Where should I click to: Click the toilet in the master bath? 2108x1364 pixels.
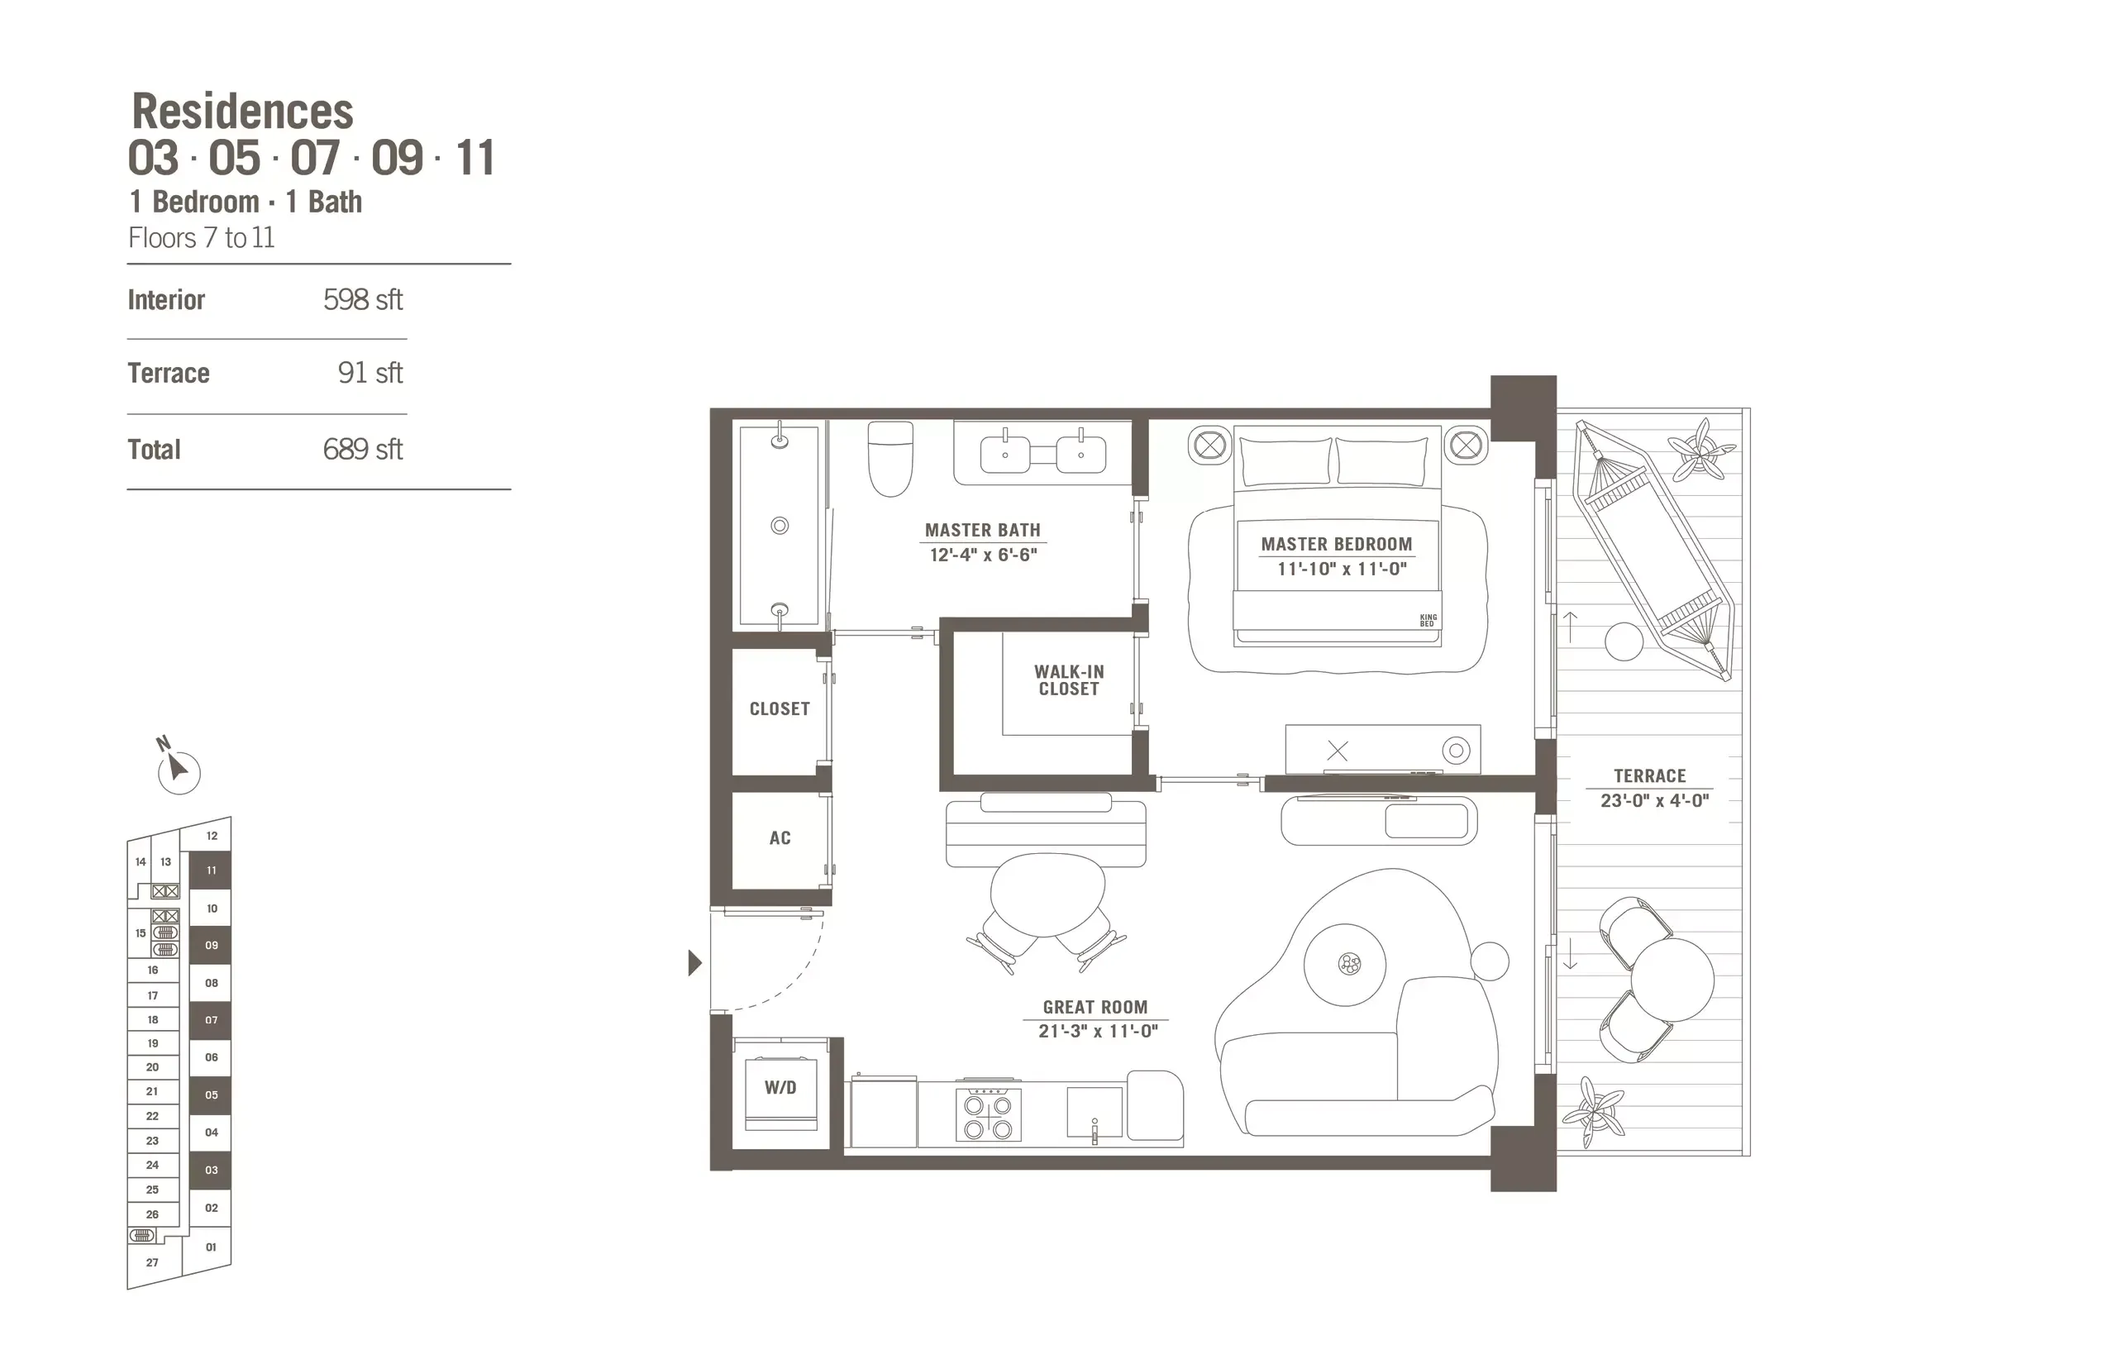point(889,458)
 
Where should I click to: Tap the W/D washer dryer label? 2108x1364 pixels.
point(780,1088)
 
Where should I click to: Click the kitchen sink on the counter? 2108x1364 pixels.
point(1094,1113)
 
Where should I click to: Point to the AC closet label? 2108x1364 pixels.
point(780,838)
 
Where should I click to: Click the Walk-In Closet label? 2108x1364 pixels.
point(1069,680)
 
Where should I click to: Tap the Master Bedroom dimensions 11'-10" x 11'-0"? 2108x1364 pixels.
point(1341,569)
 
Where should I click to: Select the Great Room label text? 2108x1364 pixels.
point(1095,1007)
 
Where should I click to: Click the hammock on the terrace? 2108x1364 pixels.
point(1653,549)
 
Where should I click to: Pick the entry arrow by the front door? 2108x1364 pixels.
point(694,963)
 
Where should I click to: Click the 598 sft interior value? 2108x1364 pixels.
point(362,299)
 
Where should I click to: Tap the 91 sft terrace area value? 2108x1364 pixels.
point(370,373)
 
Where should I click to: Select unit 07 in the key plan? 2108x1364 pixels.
point(211,1020)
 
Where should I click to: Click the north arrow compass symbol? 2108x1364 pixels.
point(178,770)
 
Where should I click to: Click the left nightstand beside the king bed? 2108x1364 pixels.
point(1210,445)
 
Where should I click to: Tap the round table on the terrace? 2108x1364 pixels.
point(1672,979)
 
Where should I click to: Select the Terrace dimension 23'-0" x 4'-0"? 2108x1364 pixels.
point(1653,801)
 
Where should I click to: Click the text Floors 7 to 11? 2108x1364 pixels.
point(201,238)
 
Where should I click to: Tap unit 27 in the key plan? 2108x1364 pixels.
point(152,1262)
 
